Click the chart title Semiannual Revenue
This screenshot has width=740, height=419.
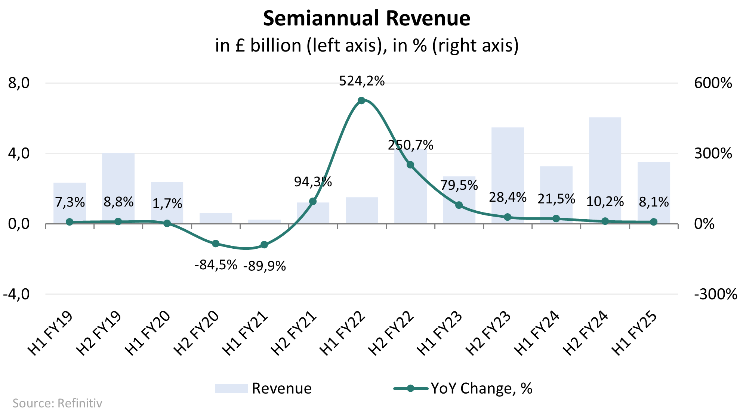(366, 19)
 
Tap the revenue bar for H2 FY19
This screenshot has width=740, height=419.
(118, 187)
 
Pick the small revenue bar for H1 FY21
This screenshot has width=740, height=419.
(264, 221)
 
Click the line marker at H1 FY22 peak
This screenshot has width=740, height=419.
(361, 100)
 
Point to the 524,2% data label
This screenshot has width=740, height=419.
(362, 81)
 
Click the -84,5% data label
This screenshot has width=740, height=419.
(216, 265)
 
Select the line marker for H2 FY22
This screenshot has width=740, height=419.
(410, 165)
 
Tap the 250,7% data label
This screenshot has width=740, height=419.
(410, 145)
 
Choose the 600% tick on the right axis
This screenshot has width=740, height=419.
(713, 83)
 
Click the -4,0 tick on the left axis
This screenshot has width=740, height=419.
(17, 294)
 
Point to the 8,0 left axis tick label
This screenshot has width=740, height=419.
(19, 83)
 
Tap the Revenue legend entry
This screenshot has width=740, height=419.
(263, 388)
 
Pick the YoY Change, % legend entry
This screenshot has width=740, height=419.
(463, 388)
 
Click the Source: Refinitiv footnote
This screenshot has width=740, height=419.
(57, 403)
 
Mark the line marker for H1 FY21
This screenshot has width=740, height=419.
(264, 245)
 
